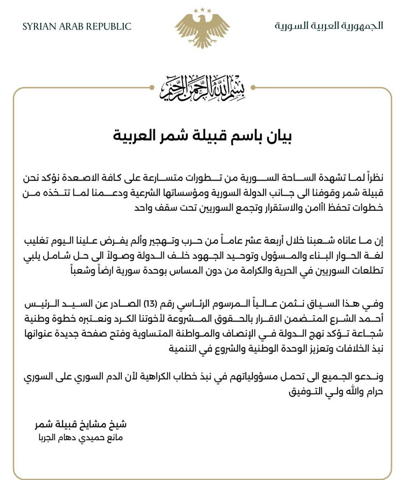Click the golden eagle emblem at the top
pyautogui.click(x=202, y=30)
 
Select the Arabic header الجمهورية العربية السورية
pyautogui.click(x=329, y=26)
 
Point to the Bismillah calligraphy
pyautogui.click(x=202, y=88)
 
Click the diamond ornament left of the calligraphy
pyautogui.click(x=152, y=88)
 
